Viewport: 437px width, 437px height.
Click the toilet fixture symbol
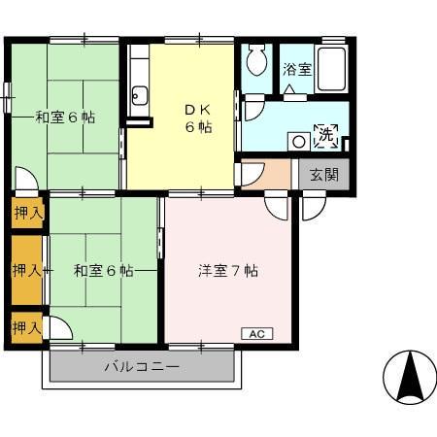[255, 63]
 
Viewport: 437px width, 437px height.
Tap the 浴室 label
[296, 69]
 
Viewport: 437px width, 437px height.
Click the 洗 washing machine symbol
[326, 137]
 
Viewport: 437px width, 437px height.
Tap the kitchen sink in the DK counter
[138, 95]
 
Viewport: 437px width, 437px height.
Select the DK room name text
[199, 109]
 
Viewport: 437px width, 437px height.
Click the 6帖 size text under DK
[199, 127]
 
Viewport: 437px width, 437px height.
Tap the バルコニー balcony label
[142, 367]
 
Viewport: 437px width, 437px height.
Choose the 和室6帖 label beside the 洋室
[103, 270]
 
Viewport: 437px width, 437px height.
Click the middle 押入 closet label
[27, 269]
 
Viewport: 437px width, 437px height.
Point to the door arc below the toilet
[252, 107]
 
